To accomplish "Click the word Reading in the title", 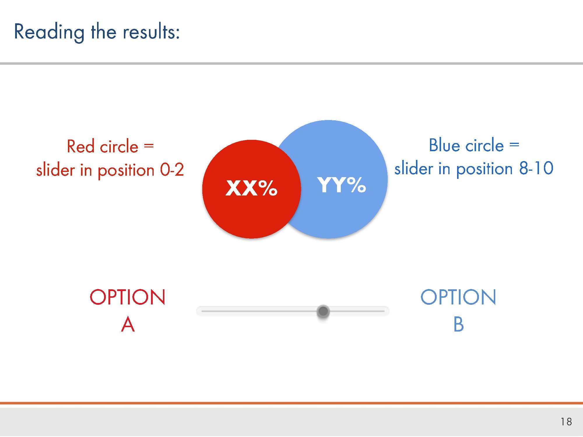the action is click(49, 32).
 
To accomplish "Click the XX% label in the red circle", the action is click(251, 188).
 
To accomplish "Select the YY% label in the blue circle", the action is click(341, 185).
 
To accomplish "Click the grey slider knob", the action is click(323, 311).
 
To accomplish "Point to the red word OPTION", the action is click(127, 297).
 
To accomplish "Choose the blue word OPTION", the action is click(458, 297).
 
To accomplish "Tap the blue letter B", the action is click(459, 324).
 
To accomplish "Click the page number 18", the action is click(566, 422).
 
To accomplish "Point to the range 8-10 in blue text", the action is click(536, 168).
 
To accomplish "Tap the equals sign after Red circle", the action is click(149, 145).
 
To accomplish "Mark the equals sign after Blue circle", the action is click(514, 144).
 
